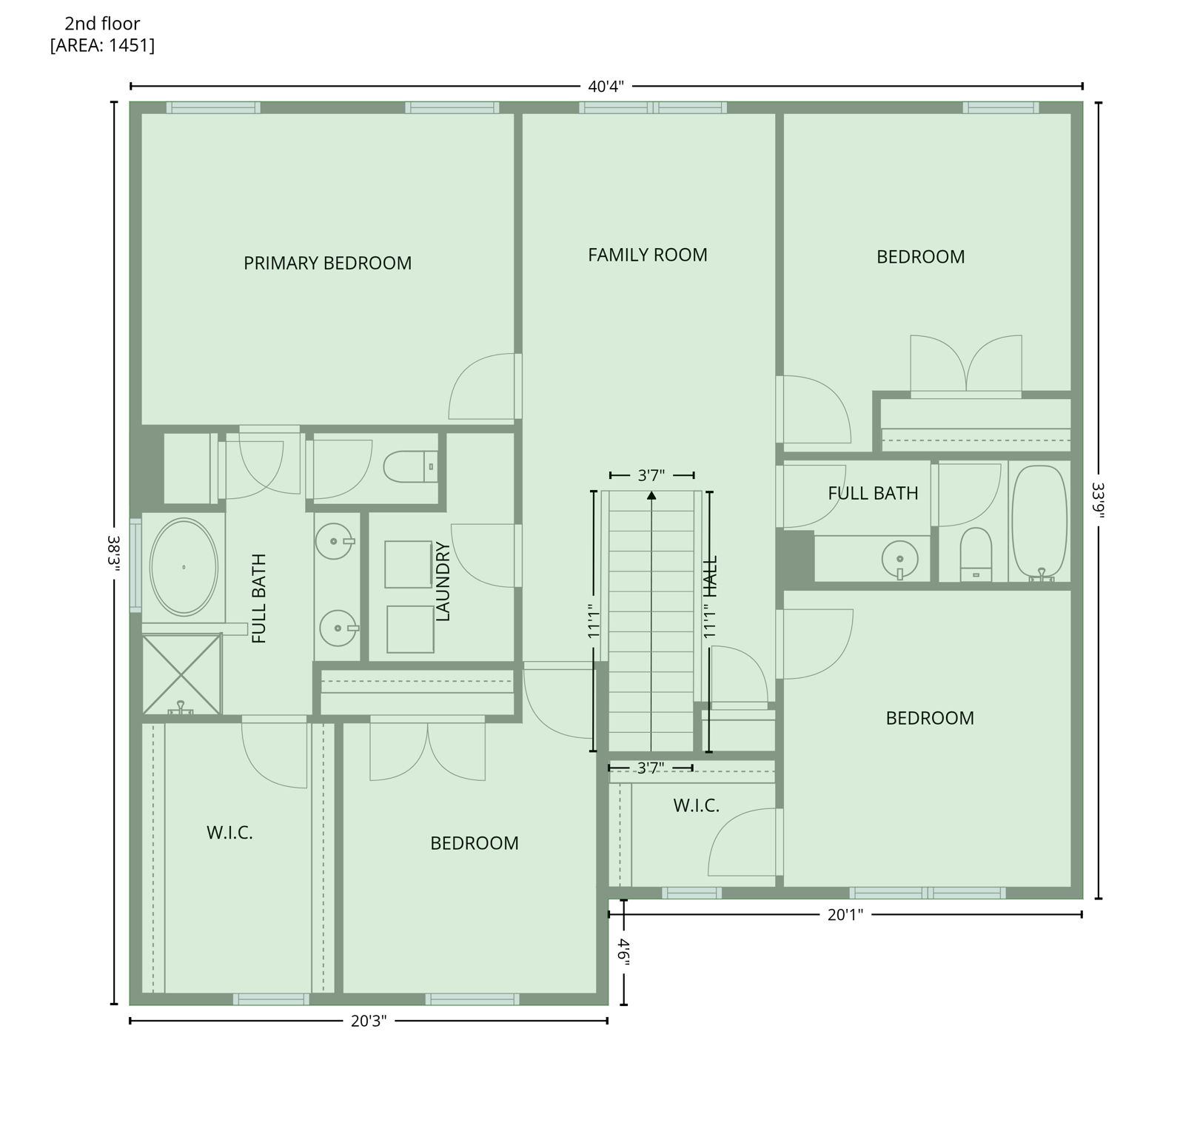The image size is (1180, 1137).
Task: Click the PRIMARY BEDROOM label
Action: coord(327,263)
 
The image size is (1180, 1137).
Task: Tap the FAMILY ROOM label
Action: coord(647,255)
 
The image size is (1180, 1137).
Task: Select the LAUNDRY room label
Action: coord(443,582)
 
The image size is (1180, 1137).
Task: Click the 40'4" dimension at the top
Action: coord(606,87)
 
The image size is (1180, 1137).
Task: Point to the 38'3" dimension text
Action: coord(114,553)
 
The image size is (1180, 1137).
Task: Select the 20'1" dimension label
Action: coord(845,915)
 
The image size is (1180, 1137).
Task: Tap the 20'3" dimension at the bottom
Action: coord(368,1022)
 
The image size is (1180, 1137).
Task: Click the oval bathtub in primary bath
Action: coord(184,567)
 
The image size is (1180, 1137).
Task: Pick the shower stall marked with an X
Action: coord(181,674)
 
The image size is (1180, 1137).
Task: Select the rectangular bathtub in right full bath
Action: coord(1040,522)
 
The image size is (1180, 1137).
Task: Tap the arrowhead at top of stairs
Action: coord(651,495)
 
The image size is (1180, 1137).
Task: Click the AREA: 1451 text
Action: coord(102,45)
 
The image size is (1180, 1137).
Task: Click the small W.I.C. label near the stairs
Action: coord(696,805)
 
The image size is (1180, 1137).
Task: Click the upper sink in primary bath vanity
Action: coord(334,542)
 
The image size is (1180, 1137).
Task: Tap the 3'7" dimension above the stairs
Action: coord(651,475)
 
